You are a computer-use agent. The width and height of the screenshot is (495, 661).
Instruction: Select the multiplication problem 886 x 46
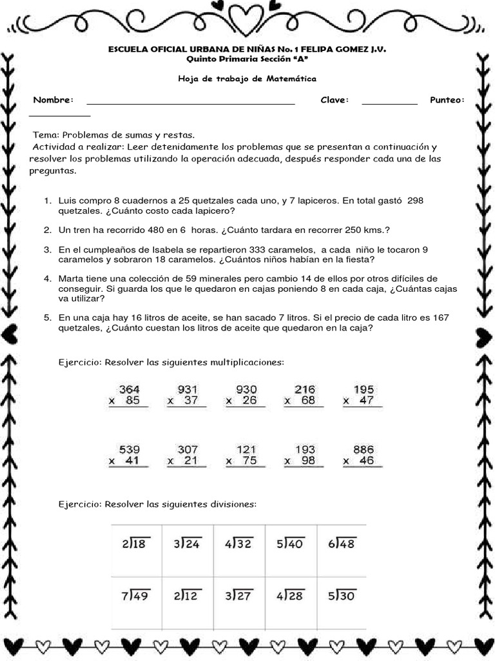(363, 455)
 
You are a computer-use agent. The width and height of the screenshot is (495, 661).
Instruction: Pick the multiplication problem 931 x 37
(187, 395)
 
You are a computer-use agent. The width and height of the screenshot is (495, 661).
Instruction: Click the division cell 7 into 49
(135, 596)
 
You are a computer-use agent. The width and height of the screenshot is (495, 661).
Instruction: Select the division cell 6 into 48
(341, 544)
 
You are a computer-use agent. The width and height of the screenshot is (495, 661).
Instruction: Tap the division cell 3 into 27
(239, 596)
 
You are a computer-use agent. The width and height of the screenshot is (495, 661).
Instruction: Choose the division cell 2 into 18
(135, 544)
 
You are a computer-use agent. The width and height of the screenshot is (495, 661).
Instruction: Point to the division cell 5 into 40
(290, 544)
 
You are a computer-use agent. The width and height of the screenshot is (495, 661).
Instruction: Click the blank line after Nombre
(191, 102)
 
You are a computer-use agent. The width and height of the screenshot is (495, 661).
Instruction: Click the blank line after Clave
(389, 102)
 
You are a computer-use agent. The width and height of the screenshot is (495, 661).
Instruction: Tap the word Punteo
(447, 100)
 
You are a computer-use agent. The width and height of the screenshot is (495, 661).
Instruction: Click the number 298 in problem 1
(416, 201)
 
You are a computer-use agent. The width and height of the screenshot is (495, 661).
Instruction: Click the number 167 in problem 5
(459, 318)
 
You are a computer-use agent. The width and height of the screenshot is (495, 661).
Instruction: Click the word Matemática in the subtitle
(293, 78)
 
